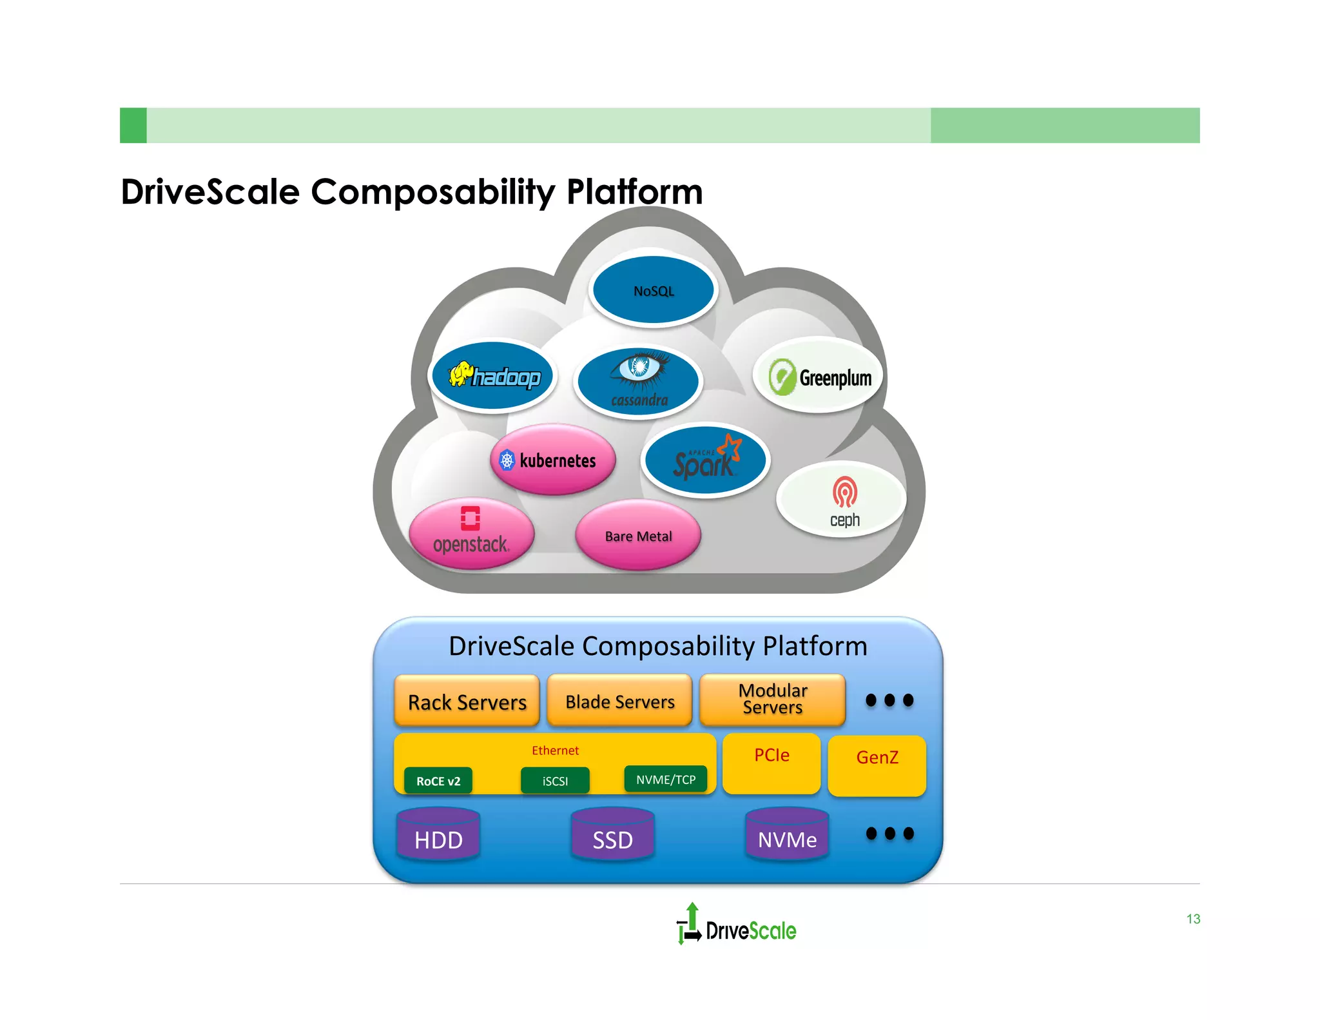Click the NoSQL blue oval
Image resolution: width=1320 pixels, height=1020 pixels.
point(654,291)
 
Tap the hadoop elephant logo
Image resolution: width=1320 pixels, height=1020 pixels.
point(460,373)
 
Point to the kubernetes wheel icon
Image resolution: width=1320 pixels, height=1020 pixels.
point(507,460)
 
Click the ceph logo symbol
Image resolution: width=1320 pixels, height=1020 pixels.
point(844,492)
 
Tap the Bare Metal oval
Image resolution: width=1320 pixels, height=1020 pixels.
point(638,536)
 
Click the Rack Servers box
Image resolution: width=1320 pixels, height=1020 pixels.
point(467,701)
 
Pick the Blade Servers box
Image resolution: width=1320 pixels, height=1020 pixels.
point(619,701)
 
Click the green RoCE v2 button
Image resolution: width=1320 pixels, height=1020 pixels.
point(438,781)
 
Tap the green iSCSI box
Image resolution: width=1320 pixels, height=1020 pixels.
point(555,781)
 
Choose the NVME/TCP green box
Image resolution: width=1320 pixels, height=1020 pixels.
point(666,780)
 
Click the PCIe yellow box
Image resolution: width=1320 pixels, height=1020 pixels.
point(772,763)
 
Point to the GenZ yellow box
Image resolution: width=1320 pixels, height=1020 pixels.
point(877,765)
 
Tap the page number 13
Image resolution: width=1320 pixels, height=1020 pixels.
point(1193,919)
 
